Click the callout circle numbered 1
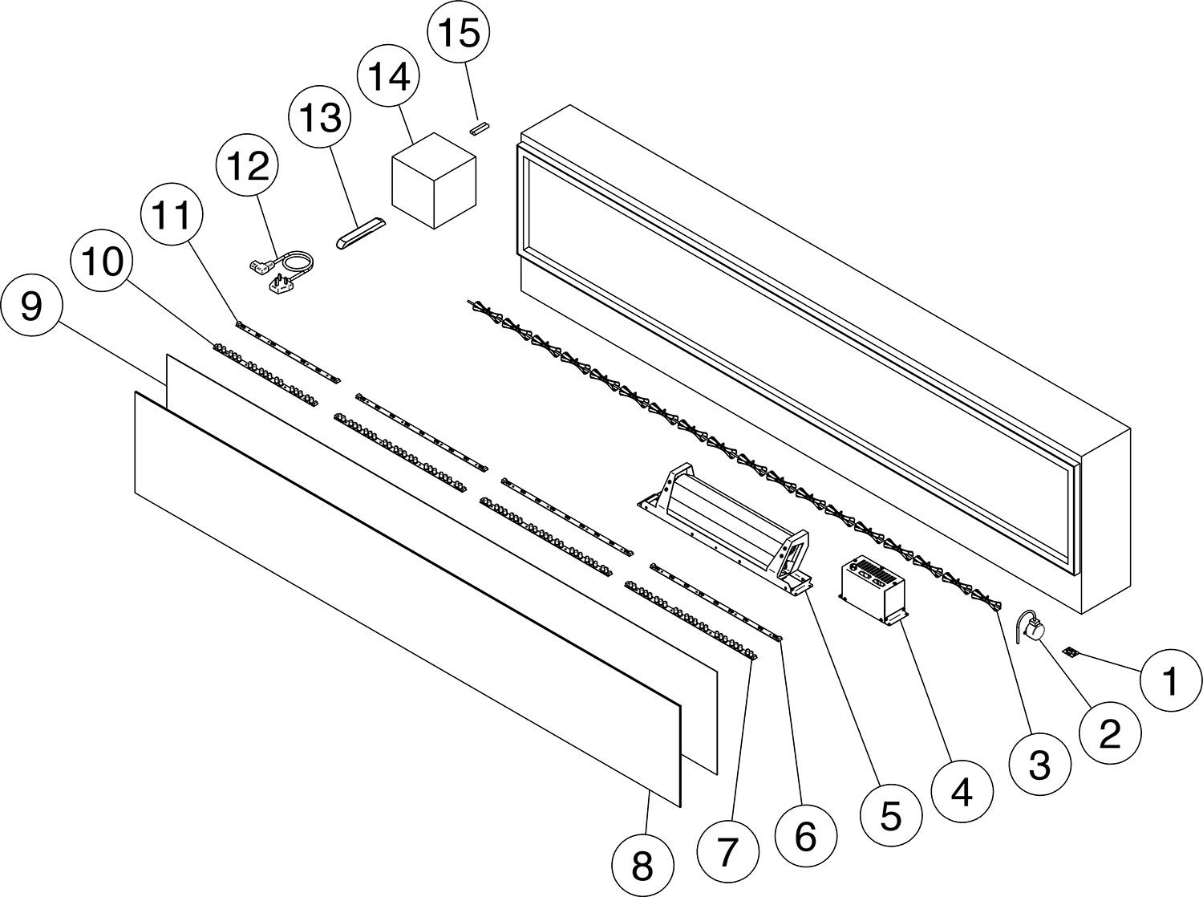(1170, 682)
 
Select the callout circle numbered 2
(1109, 733)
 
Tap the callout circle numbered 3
(1039, 766)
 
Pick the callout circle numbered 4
(961, 791)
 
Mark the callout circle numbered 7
(727, 853)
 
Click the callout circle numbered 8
(642, 866)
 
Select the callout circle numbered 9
(30, 306)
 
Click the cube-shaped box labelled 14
(433, 180)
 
